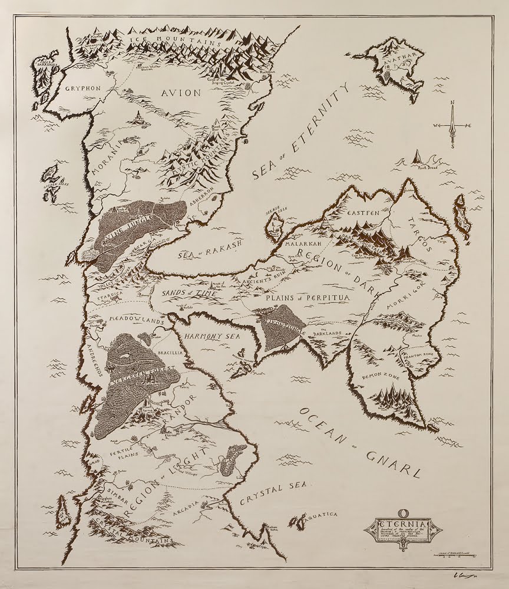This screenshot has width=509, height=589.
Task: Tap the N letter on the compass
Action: pyautogui.click(x=452, y=103)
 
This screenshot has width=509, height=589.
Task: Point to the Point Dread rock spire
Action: pyautogui.click(x=418, y=157)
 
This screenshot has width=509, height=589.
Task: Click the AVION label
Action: pyautogui.click(x=180, y=93)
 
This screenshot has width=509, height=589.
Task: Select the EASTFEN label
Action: pyautogui.click(x=361, y=212)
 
